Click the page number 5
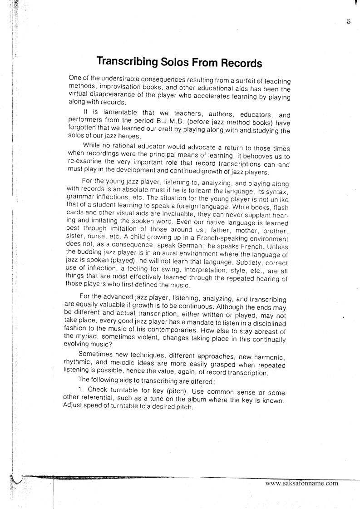click(x=348, y=21)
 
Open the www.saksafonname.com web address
click(x=302, y=483)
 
